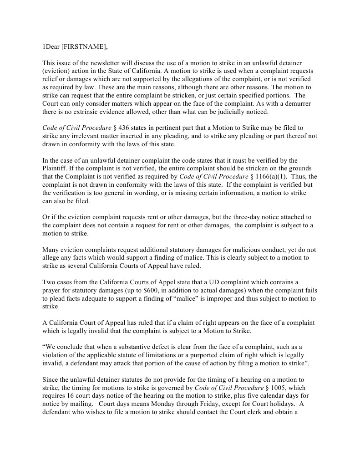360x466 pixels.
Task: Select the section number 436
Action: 125,128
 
